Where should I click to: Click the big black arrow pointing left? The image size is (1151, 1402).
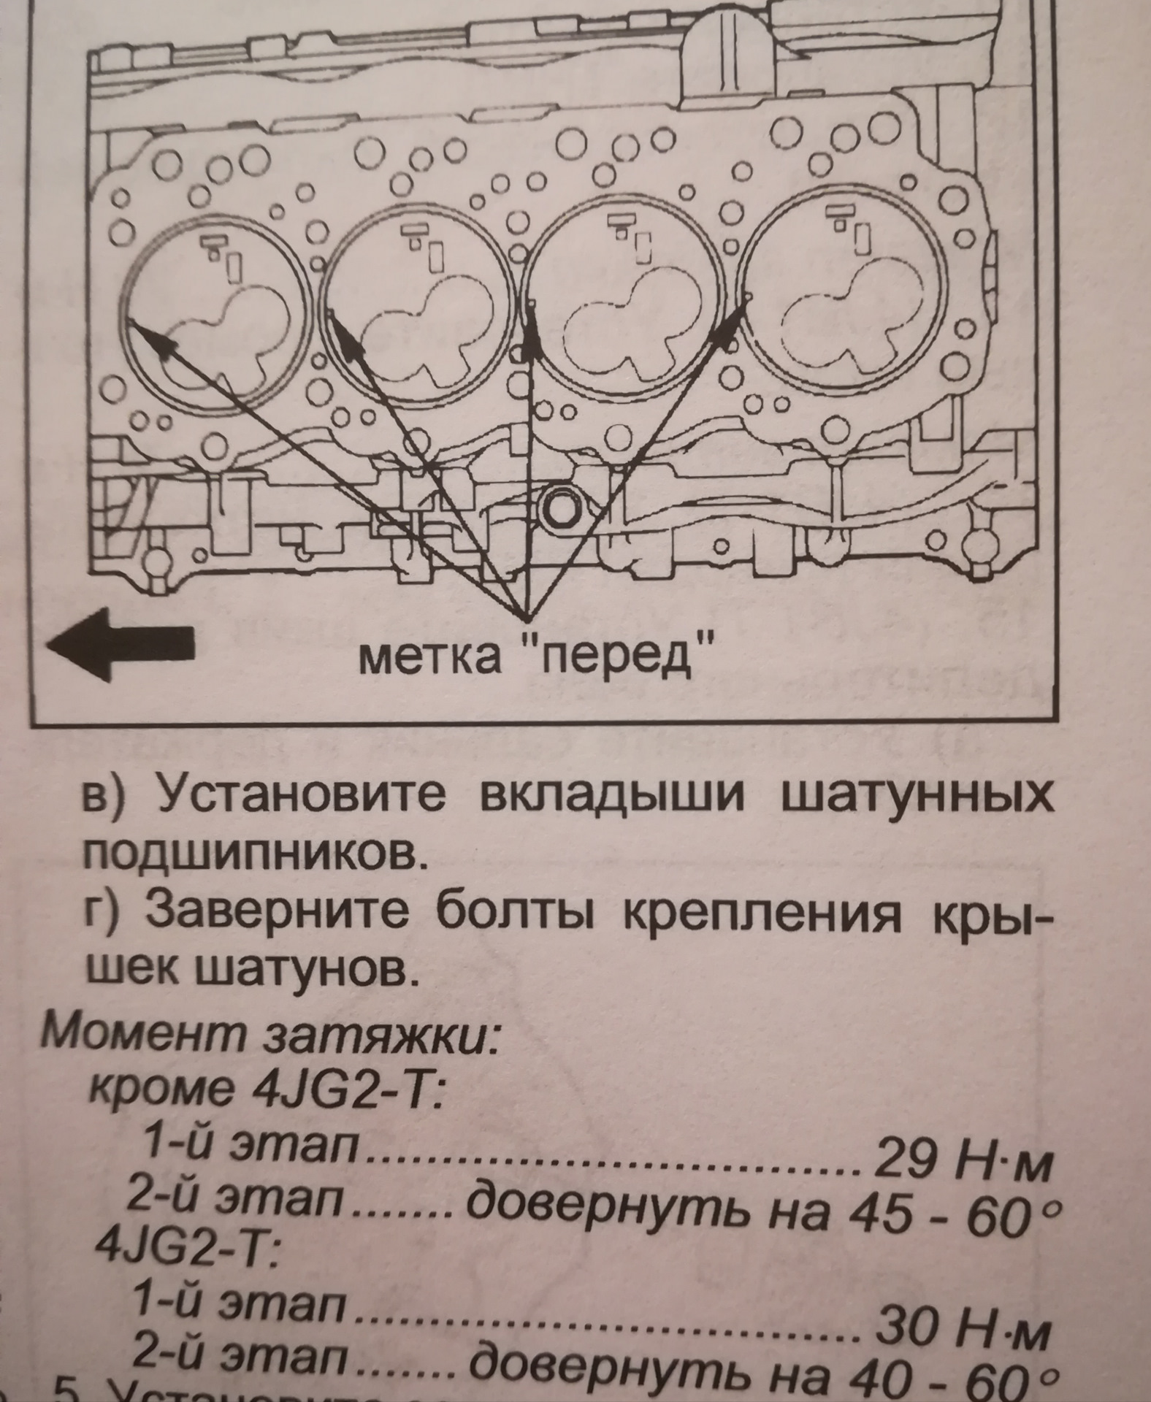tap(121, 652)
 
